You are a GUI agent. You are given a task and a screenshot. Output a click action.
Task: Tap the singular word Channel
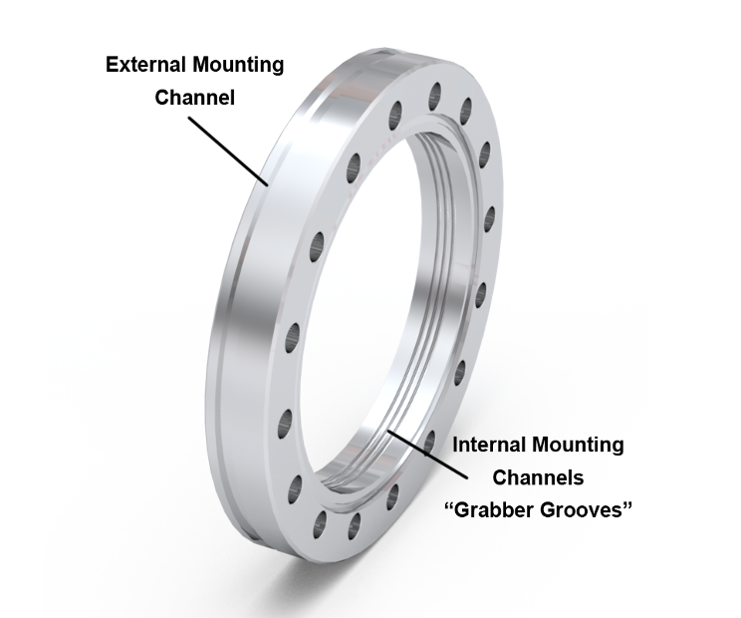(x=194, y=99)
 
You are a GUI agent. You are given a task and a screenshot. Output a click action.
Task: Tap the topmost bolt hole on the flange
(x=435, y=96)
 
